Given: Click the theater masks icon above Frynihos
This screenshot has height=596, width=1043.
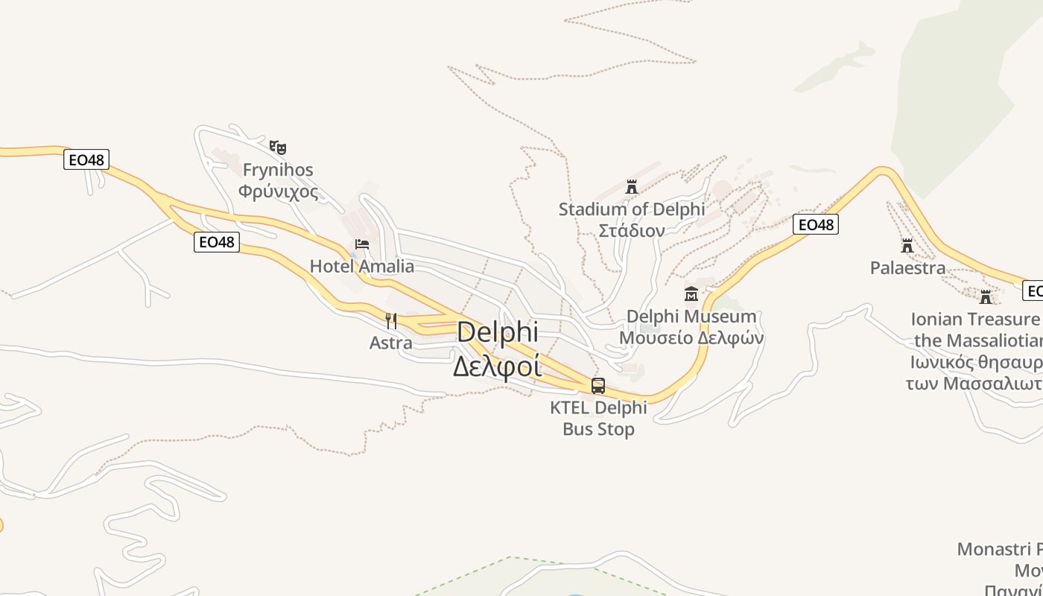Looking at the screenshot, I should coord(278,147).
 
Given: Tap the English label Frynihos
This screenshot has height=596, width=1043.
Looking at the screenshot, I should coord(278,170).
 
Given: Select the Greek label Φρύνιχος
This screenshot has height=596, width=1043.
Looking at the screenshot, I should coord(278,191).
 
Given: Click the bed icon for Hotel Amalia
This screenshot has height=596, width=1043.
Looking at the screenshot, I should coord(362,244).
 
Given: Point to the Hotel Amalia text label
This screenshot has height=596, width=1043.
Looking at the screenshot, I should coord(362,266).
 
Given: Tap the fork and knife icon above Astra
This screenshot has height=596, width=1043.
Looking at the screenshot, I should coord(391,321).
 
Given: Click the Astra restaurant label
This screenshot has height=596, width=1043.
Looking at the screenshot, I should coord(391,343).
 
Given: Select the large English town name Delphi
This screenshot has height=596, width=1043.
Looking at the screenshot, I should coord(497,332).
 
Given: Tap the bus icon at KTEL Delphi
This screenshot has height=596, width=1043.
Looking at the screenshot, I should coord(598,386).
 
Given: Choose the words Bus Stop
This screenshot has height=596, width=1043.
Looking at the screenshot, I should coord(598,429).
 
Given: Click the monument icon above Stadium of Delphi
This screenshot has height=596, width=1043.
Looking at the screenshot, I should coord(632,186).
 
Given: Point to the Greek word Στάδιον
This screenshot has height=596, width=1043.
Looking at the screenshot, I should coord(632,230).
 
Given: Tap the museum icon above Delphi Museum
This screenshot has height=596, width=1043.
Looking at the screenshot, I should coord(691,294).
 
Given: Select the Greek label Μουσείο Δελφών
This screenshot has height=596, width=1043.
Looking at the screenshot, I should coord(691,337).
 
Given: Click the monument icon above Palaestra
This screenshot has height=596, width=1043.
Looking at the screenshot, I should coord(907,245).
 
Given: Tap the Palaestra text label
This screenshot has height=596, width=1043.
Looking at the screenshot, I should coord(907,267).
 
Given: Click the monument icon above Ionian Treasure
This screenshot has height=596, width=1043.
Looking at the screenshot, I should coord(986,297).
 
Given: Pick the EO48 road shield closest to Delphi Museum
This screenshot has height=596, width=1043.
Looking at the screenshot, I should coord(816,224).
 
